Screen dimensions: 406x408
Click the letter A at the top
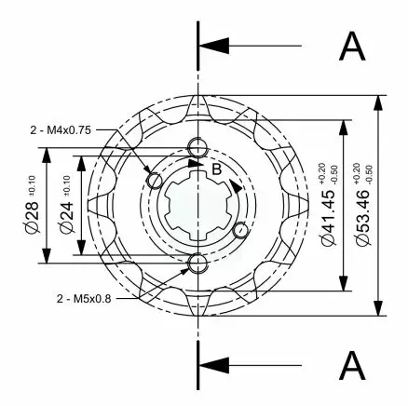(x=352, y=45)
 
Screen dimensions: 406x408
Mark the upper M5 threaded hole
(x=197, y=146)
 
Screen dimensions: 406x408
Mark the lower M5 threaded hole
(x=197, y=264)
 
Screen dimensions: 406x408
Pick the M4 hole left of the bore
(x=153, y=179)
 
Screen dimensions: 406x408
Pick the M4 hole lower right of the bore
(x=240, y=230)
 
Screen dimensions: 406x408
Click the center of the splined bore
(x=197, y=205)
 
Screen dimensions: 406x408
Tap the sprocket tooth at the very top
(x=197, y=102)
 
